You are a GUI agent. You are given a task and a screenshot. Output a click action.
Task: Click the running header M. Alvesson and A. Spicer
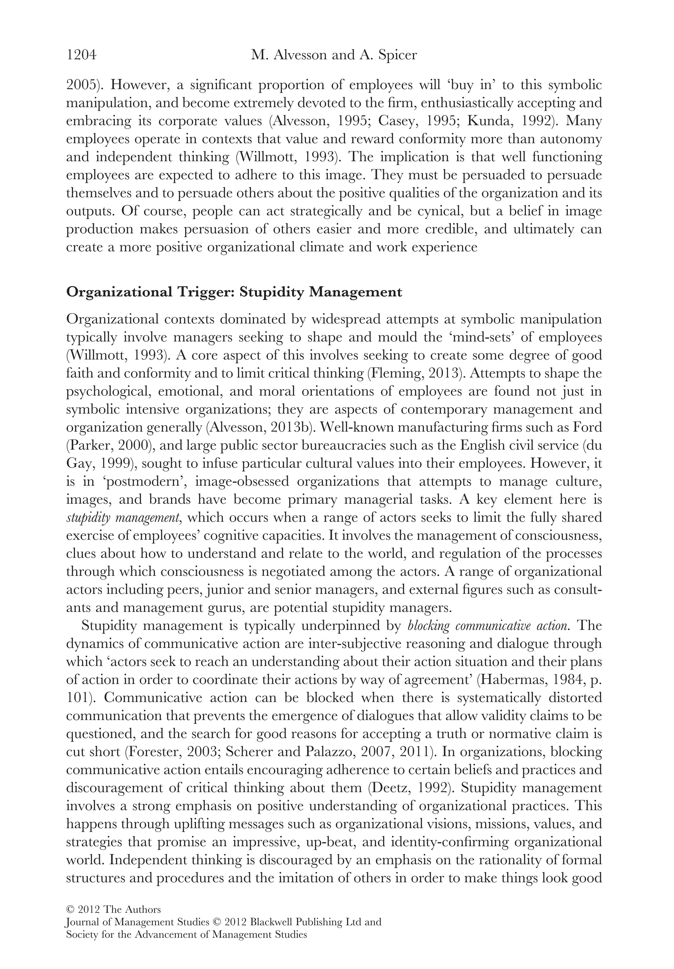tap(334, 55)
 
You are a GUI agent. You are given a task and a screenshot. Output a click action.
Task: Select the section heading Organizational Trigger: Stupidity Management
tap(234, 292)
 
